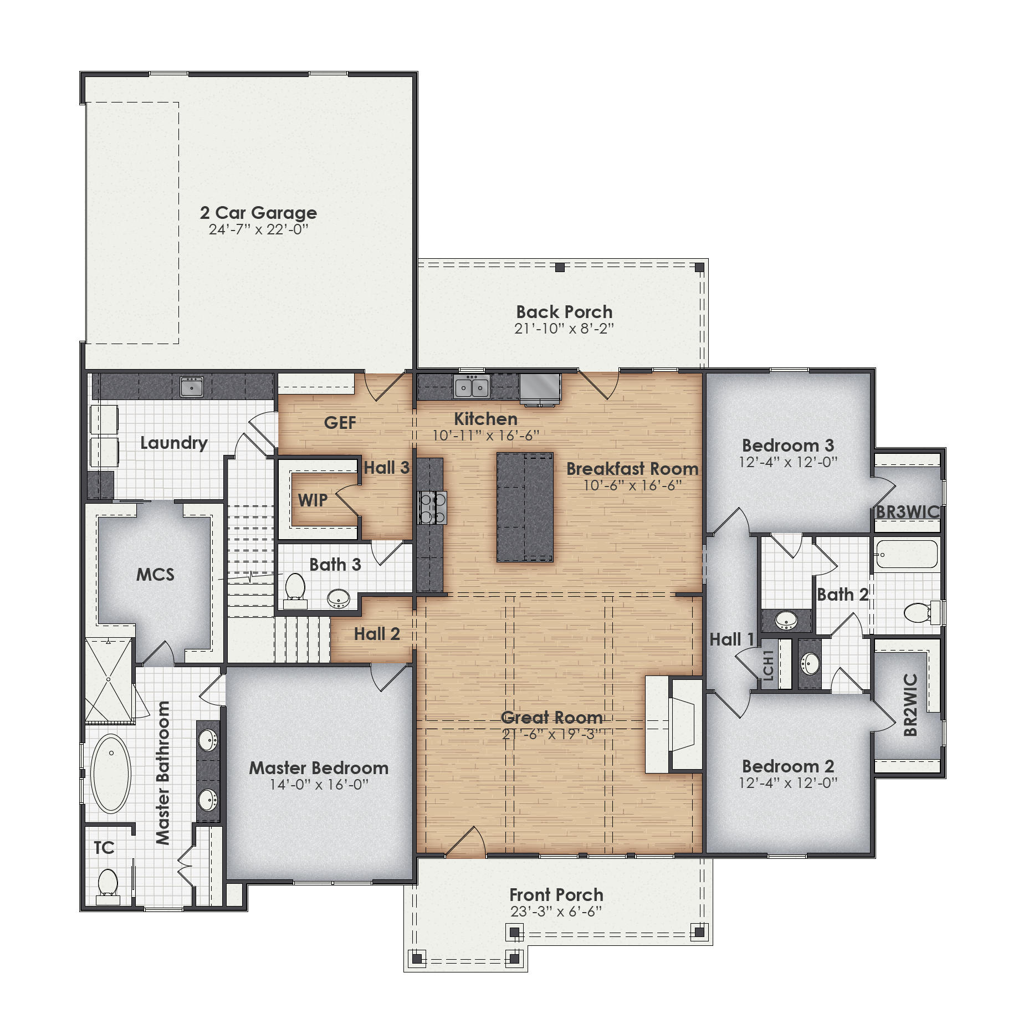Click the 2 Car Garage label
[258, 213]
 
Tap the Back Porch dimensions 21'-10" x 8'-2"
[564, 329]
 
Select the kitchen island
[525, 507]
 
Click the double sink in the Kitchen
[472, 386]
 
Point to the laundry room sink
[192, 386]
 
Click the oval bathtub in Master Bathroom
[111, 774]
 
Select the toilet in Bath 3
[295, 588]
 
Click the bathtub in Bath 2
[907, 554]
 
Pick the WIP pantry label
[313, 500]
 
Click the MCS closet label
[155, 575]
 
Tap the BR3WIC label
[908, 512]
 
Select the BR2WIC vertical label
[910, 704]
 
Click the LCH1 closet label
[768, 665]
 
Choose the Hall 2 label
[377, 634]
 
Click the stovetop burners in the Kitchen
[432, 508]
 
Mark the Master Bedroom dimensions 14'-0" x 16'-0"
[319, 785]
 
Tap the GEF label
[340, 423]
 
